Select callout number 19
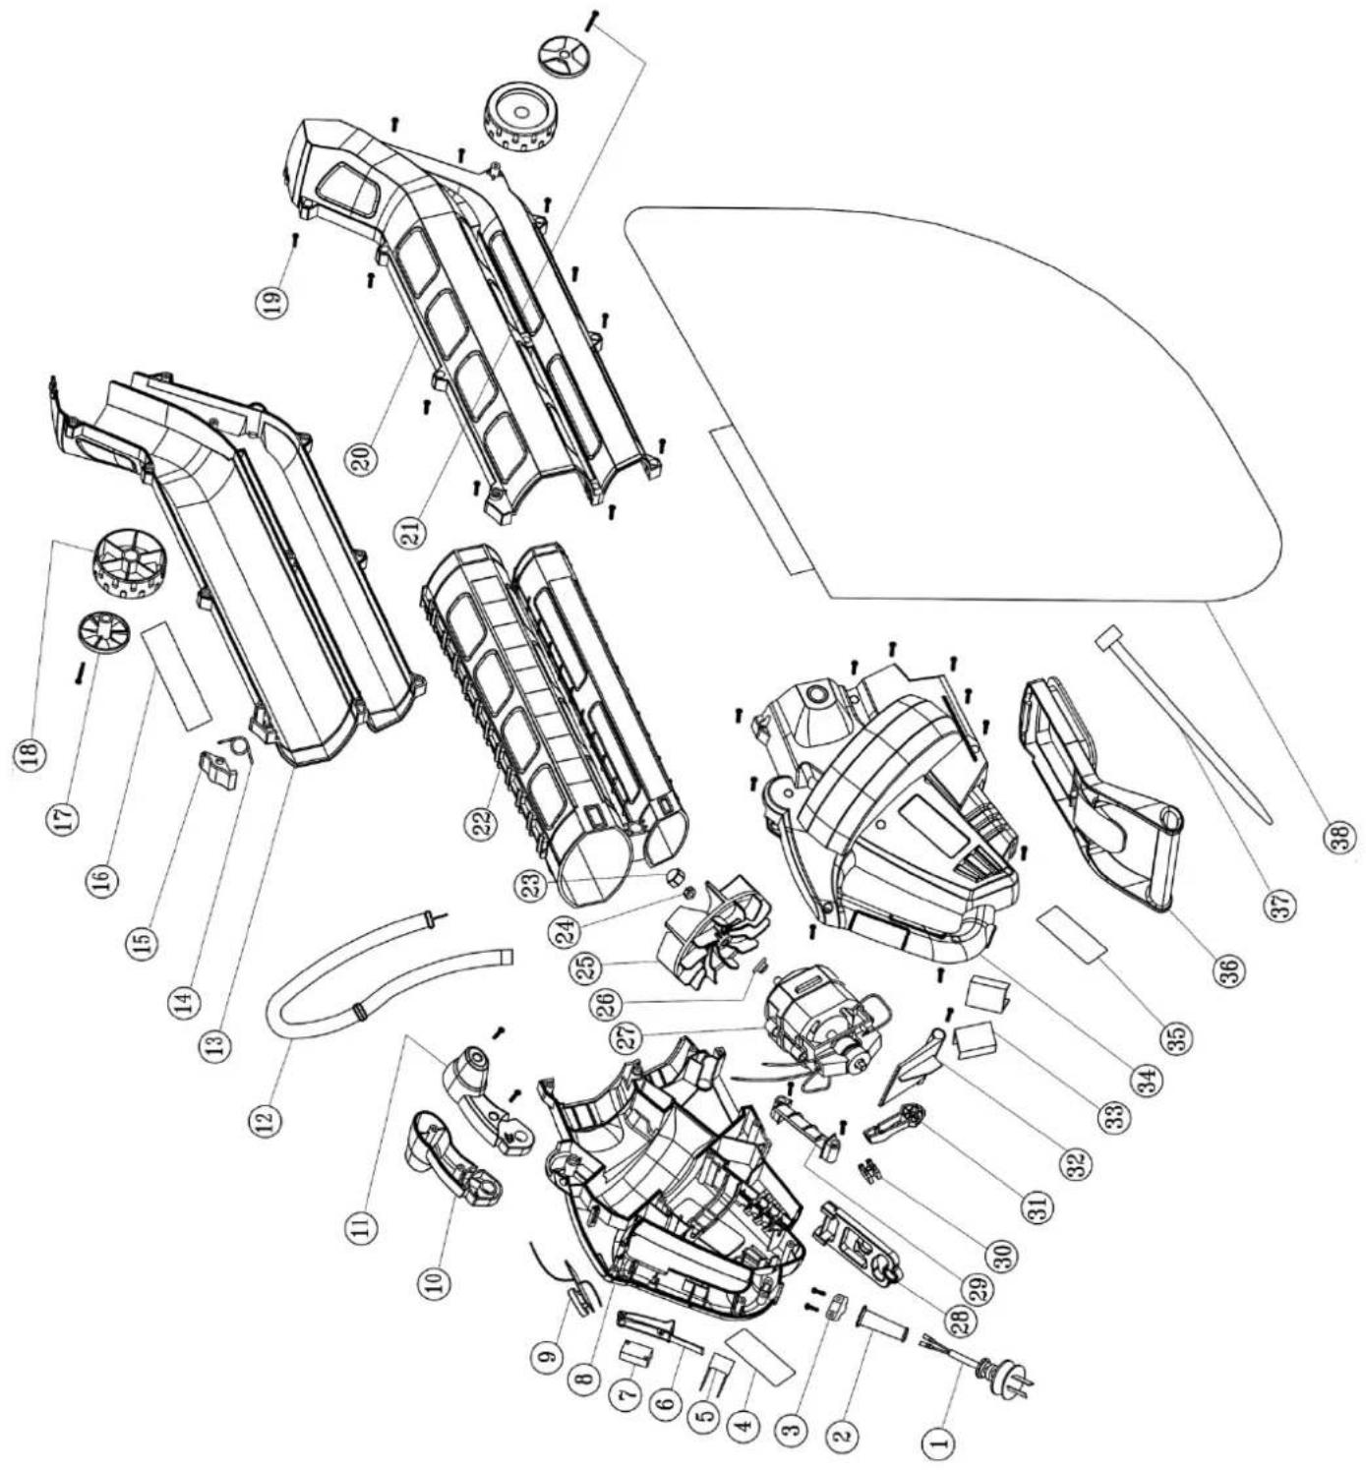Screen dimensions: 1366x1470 pyautogui.click(x=274, y=303)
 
